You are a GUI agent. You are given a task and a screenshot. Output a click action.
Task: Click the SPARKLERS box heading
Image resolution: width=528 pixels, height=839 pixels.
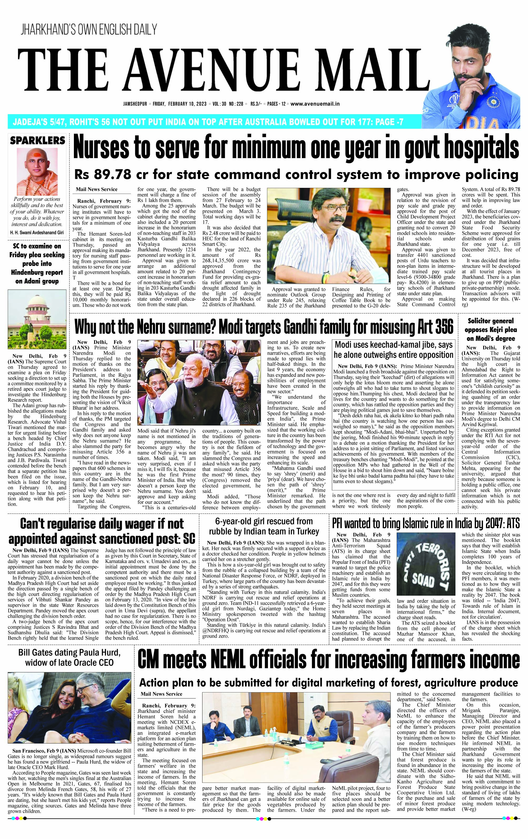(38, 141)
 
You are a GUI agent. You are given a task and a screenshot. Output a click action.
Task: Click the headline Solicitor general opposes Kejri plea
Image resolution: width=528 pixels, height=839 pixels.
(491, 329)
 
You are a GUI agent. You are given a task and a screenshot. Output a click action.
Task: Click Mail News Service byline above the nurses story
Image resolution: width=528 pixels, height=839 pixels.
(97, 189)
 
